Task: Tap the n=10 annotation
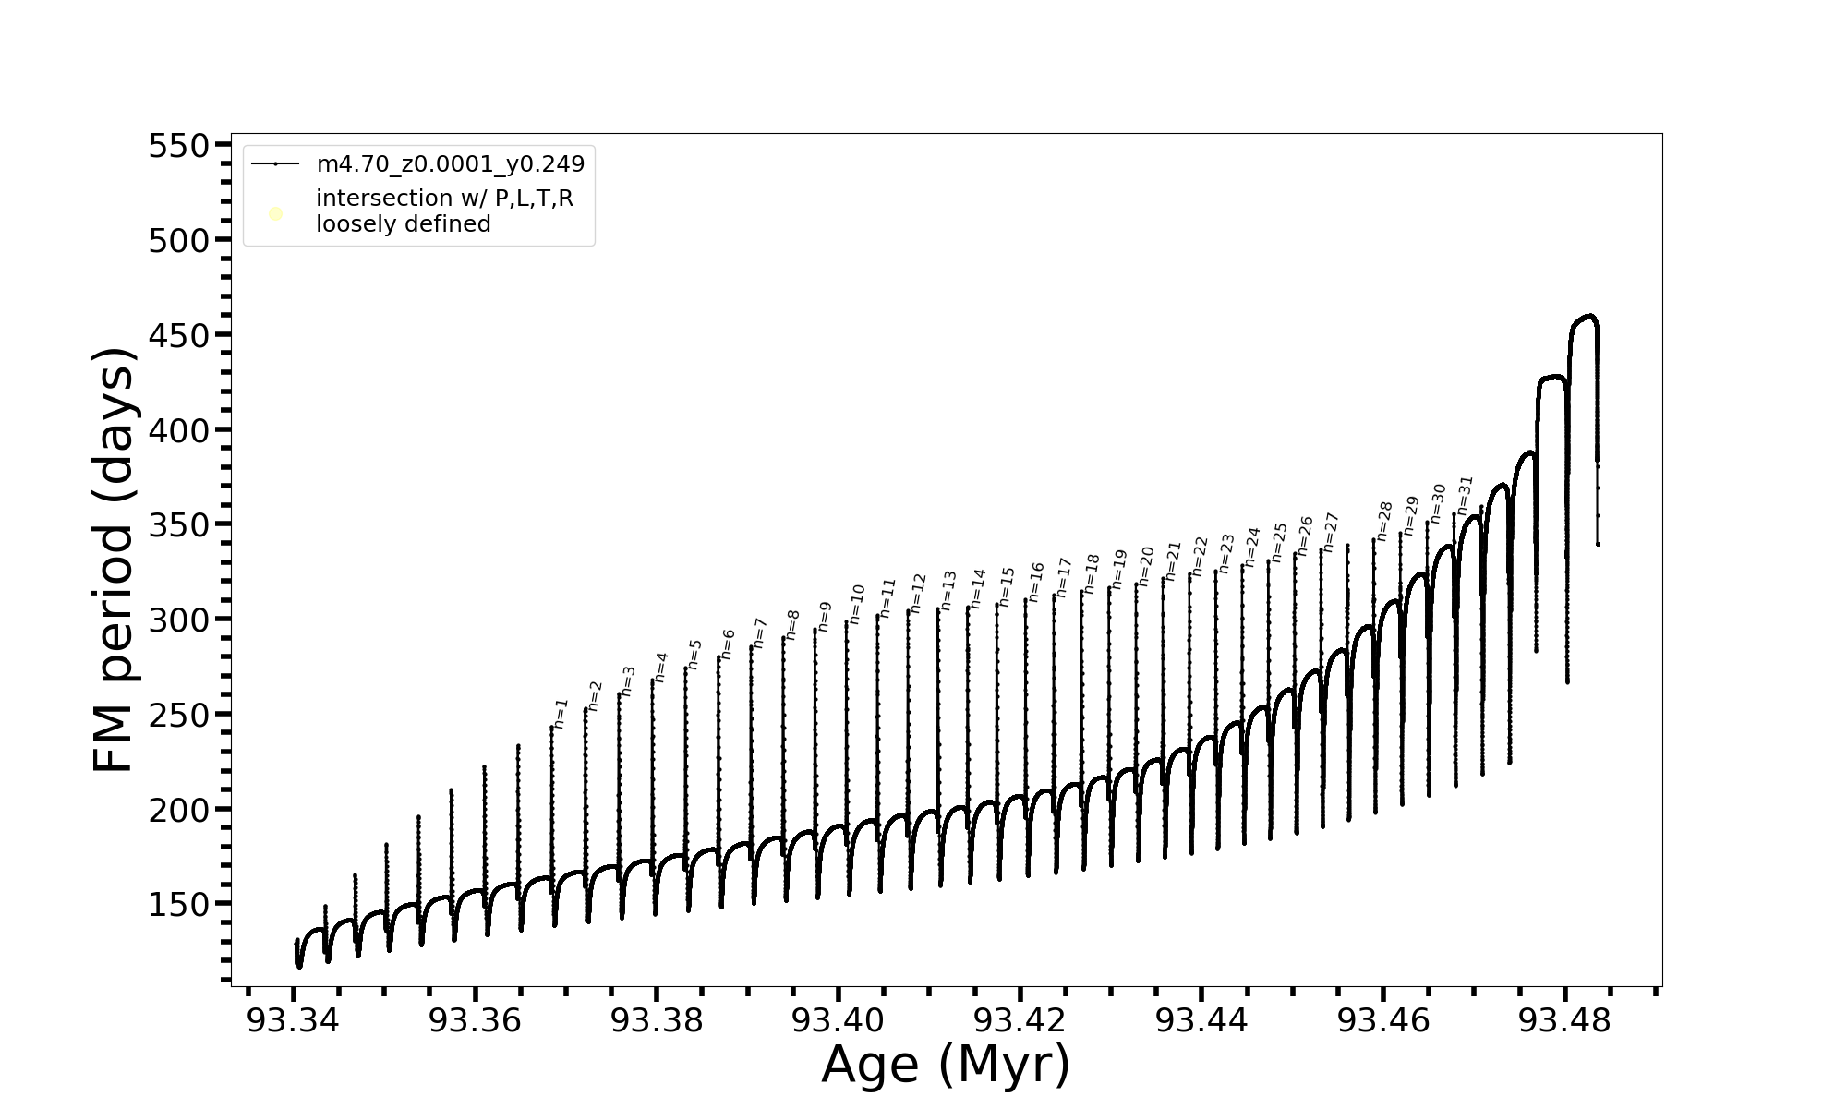tap(857, 604)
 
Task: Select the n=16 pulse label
tap(1036, 582)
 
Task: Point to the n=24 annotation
tap(1252, 547)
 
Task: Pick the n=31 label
tap(1465, 496)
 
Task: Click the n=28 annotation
tap(1384, 521)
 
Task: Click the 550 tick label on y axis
tap(179, 146)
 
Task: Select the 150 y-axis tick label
tap(179, 905)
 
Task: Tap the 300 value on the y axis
tap(179, 620)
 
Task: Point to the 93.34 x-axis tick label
tap(293, 1020)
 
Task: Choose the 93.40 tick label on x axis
tap(839, 1020)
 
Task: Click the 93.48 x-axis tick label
tap(1564, 1020)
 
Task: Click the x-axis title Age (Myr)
tap(946, 1065)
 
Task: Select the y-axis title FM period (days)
tap(115, 560)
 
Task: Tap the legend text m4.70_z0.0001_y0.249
tap(451, 164)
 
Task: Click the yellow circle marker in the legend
tap(275, 214)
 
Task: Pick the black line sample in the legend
tap(275, 164)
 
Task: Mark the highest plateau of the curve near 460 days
tap(1585, 318)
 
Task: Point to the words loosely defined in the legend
tap(404, 224)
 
